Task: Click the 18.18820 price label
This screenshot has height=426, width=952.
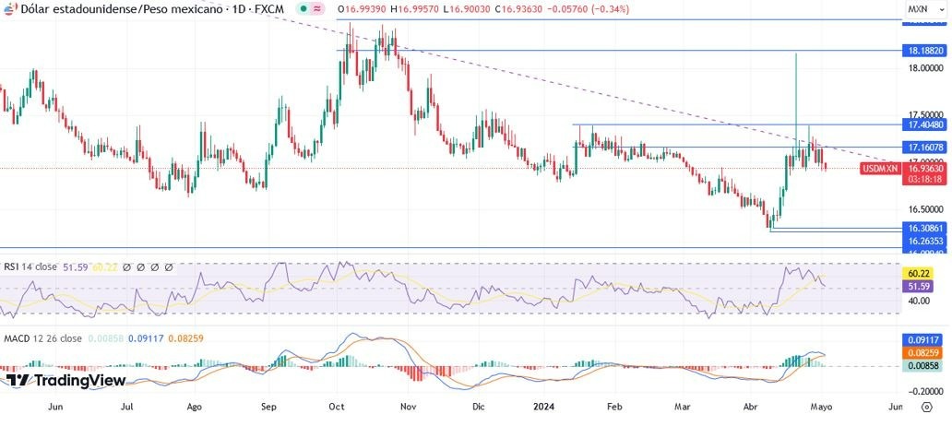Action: (x=925, y=51)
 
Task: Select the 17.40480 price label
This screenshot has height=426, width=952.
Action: (x=925, y=124)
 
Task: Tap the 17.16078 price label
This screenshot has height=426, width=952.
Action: (x=925, y=148)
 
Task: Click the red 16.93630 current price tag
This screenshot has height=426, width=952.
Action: (x=925, y=169)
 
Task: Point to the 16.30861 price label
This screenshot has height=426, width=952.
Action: (x=925, y=227)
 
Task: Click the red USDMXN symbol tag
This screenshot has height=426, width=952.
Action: (x=879, y=169)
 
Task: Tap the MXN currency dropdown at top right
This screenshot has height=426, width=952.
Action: (x=921, y=8)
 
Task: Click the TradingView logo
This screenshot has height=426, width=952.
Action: (x=65, y=380)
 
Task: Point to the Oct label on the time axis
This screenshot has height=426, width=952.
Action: (x=337, y=406)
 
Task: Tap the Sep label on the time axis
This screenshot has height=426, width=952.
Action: (x=269, y=406)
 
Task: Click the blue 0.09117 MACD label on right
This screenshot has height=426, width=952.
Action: (x=925, y=339)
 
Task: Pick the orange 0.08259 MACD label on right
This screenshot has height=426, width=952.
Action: (x=925, y=352)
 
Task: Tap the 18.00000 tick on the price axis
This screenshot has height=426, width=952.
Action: (x=925, y=68)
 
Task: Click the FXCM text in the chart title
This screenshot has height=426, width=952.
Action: (x=268, y=8)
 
